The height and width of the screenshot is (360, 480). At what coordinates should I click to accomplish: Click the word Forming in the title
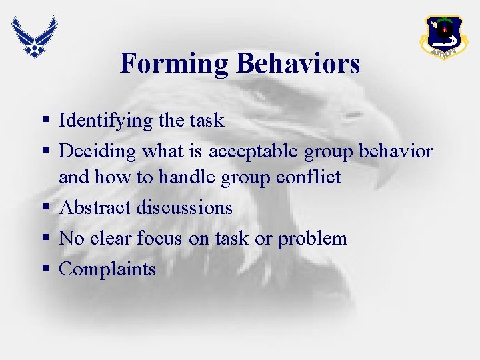[175, 64]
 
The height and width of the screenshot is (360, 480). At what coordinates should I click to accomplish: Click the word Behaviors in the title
[297, 64]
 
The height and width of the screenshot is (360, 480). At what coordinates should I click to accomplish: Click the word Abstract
[95, 207]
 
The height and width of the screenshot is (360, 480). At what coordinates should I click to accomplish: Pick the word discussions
[185, 207]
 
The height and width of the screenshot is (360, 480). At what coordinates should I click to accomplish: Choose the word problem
[313, 239]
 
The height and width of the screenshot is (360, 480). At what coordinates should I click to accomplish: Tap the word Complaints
[107, 270]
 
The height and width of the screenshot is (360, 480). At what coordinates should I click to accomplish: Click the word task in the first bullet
[207, 121]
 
